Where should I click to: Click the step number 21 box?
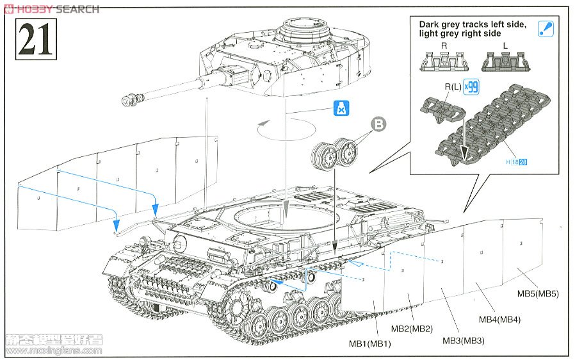pyautogui.click(x=33, y=39)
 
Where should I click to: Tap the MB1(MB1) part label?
pyautogui.click(x=369, y=344)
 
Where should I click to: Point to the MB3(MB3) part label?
pyautogui.click(x=463, y=340)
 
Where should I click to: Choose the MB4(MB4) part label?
pyautogui.click(x=499, y=320)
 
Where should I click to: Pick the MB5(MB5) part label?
pyautogui.click(x=538, y=294)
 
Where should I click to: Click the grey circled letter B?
pyautogui.click(x=378, y=125)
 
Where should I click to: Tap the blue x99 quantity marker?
pyautogui.click(x=471, y=86)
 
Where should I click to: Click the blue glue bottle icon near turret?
pyautogui.click(x=341, y=108)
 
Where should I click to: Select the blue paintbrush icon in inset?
pyautogui.click(x=546, y=28)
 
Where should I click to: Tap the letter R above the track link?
pyautogui.click(x=444, y=45)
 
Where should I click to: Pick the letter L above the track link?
pyautogui.click(x=505, y=45)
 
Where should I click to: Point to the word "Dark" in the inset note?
pyautogui.click(x=431, y=25)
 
